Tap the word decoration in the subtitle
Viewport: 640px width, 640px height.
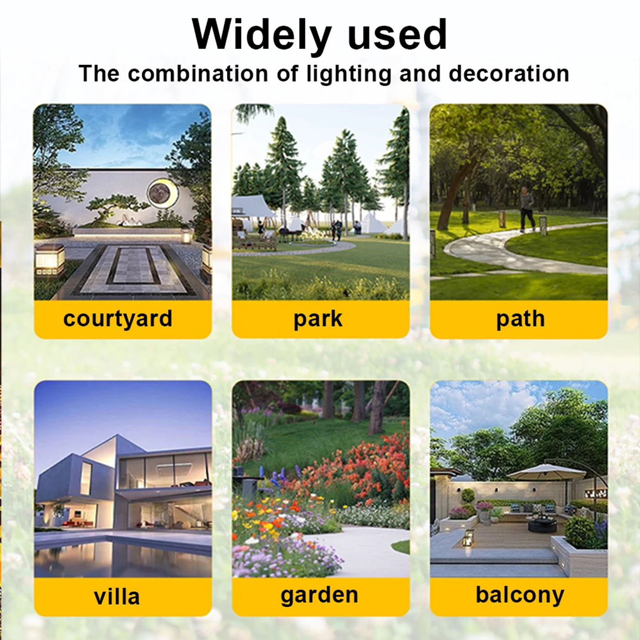point(509,74)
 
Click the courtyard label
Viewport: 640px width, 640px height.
point(117,319)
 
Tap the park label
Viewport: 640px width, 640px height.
point(318,319)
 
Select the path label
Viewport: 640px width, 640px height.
point(520,319)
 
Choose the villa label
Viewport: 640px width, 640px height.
point(117,596)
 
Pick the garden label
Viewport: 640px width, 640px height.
point(319,595)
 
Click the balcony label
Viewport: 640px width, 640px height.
point(520,595)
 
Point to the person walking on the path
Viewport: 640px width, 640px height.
point(527,209)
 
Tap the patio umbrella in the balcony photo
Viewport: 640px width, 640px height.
point(546,472)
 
